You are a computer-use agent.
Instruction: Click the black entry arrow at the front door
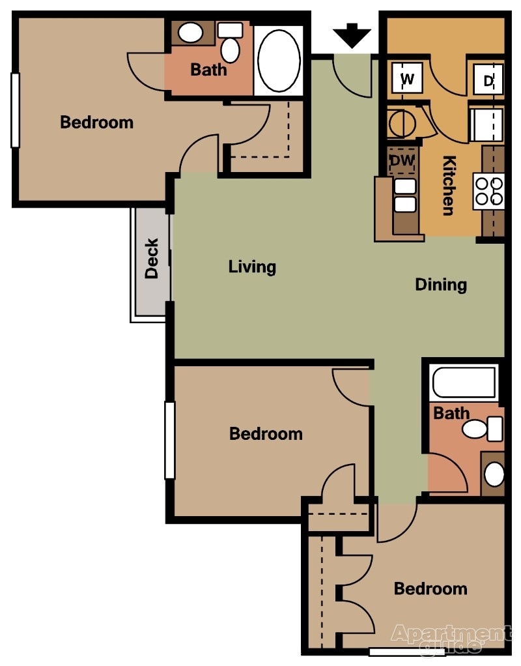[x=352, y=36]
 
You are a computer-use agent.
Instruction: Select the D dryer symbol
[x=488, y=81]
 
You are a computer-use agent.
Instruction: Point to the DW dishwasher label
[x=401, y=160]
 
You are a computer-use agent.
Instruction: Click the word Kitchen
[x=448, y=185]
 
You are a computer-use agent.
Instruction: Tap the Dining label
[x=441, y=285]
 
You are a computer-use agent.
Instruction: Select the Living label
[x=252, y=267]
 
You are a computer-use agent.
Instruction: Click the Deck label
[x=151, y=259]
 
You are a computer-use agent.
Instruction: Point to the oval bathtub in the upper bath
[x=279, y=60]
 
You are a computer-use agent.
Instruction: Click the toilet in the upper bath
[x=229, y=43]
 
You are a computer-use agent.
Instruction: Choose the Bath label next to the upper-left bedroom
[x=208, y=69]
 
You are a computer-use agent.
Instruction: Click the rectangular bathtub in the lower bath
[x=464, y=384]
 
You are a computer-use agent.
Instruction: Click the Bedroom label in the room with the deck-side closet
[x=96, y=122]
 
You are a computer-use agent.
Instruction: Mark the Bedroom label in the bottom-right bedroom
[x=430, y=588]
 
